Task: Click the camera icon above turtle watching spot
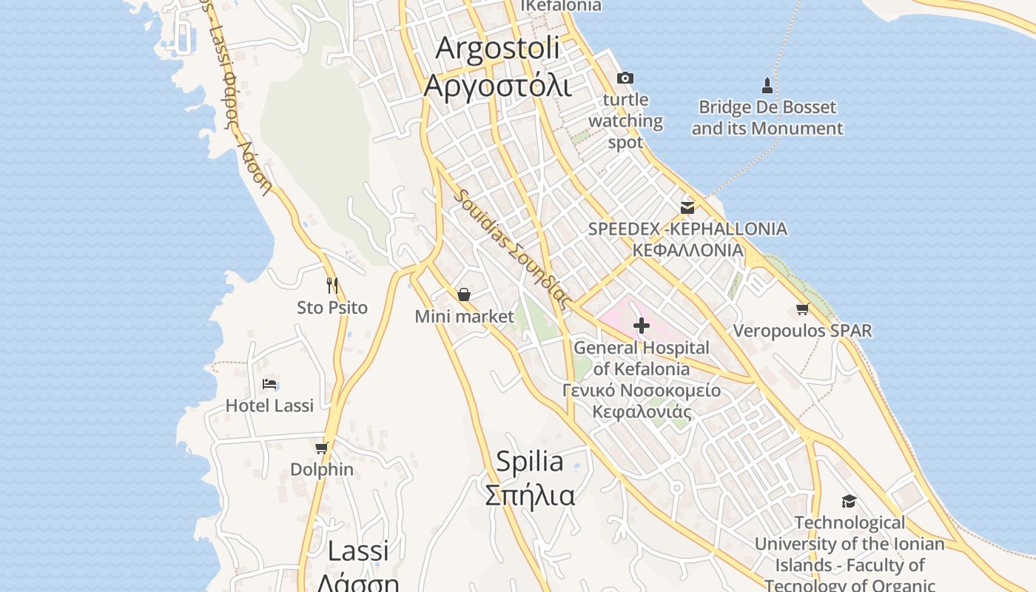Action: (625, 78)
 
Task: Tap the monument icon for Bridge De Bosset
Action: (767, 86)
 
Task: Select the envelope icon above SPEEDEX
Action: (687, 207)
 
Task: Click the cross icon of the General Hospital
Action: (642, 325)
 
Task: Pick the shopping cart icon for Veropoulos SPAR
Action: (803, 309)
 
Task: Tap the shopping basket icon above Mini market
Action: (464, 295)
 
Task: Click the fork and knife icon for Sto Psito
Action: (332, 285)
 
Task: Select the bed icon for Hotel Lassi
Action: (269, 384)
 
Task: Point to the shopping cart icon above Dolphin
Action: (321, 448)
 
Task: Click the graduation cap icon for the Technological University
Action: (849, 501)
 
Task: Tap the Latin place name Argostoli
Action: (497, 48)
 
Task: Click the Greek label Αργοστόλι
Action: (497, 86)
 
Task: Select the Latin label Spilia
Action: (529, 462)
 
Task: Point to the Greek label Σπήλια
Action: (529, 495)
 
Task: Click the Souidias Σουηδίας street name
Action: (513, 249)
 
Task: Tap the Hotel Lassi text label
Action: (269, 406)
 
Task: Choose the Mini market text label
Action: (464, 317)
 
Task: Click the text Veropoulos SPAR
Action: (802, 330)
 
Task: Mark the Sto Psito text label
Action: (332, 307)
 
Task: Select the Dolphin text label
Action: (321, 470)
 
